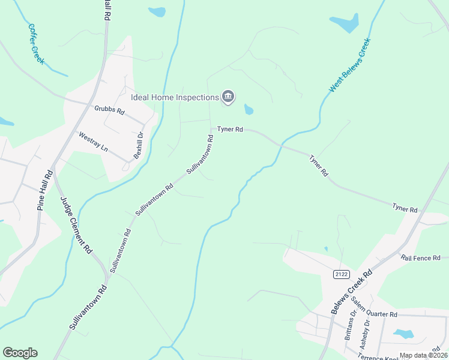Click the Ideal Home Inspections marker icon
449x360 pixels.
(x=228, y=97)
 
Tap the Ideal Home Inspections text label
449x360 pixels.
(x=175, y=97)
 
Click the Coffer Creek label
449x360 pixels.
(x=36, y=43)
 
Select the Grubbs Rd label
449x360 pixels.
(x=109, y=110)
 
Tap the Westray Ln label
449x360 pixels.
(x=93, y=141)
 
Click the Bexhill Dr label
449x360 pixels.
(x=138, y=144)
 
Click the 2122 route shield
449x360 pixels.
(x=341, y=274)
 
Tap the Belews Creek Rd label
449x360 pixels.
(x=352, y=292)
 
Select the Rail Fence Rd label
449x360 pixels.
(x=421, y=257)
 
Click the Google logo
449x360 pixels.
(x=20, y=353)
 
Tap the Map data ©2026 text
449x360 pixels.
(x=423, y=355)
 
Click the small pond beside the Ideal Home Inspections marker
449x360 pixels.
(x=249, y=110)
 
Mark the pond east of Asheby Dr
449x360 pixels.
(x=403, y=334)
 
